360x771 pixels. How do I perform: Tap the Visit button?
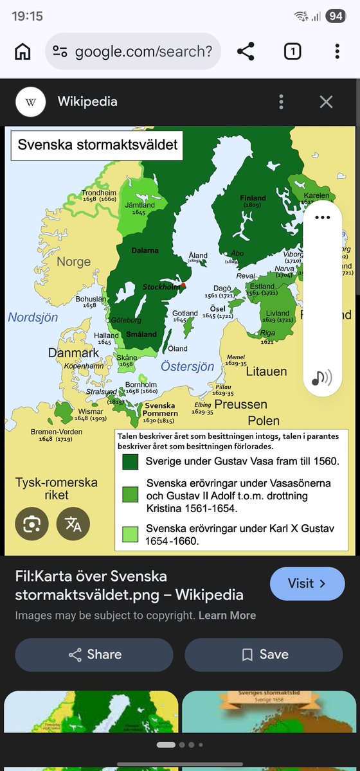307,583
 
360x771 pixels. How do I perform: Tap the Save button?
264,655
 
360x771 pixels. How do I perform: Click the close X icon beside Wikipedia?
326,102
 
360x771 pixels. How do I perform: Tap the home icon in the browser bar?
22,51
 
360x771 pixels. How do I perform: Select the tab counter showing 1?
292,51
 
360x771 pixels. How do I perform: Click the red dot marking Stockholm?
183,285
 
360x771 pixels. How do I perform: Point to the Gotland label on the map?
184,314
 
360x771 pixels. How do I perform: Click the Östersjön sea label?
187,367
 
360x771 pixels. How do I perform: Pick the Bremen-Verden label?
57,432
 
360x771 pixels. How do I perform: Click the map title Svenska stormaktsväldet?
98,145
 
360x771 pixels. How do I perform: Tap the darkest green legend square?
130,462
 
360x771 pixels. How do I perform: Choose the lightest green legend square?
130,535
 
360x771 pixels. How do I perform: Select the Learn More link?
227,616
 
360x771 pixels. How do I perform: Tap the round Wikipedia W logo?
31,102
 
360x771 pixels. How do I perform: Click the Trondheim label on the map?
98,192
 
